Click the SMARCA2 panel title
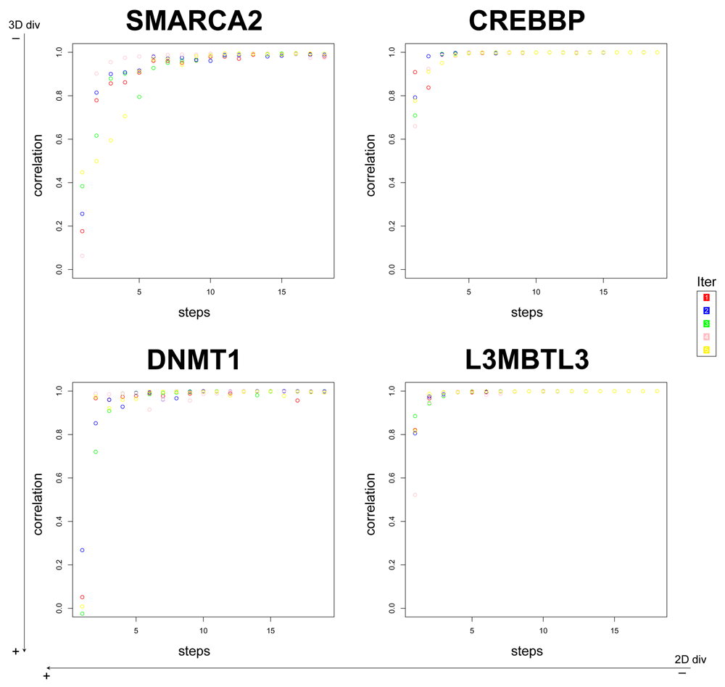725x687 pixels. click(194, 21)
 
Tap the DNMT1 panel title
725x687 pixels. click(194, 360)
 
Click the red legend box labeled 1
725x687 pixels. click(705, 297)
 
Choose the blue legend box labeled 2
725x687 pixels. click(705, 310)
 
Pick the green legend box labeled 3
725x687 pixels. click(705, 324)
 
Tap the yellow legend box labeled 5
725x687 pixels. click(705, 350)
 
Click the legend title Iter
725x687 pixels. click(706, 282)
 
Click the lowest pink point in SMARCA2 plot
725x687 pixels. click(82, 255)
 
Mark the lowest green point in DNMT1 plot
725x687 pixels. click(82, 614)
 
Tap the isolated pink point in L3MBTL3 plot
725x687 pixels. click(415, 495)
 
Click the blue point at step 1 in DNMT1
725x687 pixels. click(82, 550)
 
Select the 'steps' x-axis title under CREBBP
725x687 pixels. click(526, 313)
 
